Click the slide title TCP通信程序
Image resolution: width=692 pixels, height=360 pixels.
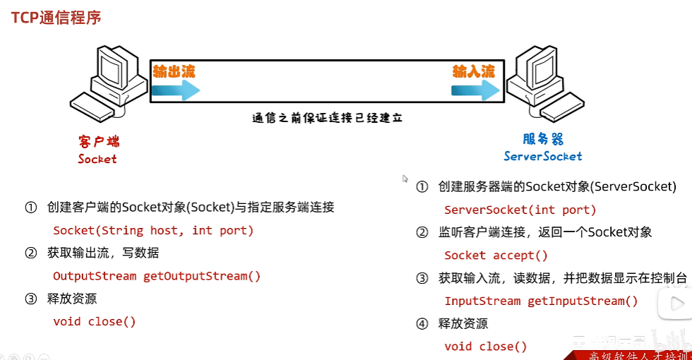tap(56, 17)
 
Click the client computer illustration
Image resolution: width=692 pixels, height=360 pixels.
tap(110, 83)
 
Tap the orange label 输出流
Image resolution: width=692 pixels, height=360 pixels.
tap(174, 71)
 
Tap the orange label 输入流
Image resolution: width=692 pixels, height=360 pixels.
tap(474, 71)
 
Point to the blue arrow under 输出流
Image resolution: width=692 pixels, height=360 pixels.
tap(176, 90)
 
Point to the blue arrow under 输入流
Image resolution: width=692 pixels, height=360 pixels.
tap(476, 90)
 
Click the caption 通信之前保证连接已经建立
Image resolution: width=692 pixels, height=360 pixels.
tap(327, 118)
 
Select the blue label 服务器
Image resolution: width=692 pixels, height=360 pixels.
tap(542, 139)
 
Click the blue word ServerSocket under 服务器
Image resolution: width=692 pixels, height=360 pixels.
tap(543, 156)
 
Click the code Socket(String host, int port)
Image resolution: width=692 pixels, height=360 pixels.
tap(153, 230)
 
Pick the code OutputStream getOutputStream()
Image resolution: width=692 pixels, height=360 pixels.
tap(157, 276)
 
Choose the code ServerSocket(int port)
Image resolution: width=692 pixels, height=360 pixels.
tap(520, 210)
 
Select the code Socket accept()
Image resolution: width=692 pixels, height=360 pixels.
tap(496, 256)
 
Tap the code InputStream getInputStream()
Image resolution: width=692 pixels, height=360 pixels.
tap(541, 301)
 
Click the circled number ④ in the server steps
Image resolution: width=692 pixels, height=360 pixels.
tap(422, 324)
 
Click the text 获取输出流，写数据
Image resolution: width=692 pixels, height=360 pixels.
tap(103, 253)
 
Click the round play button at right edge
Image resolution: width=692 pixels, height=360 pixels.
tap(674, 304)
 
